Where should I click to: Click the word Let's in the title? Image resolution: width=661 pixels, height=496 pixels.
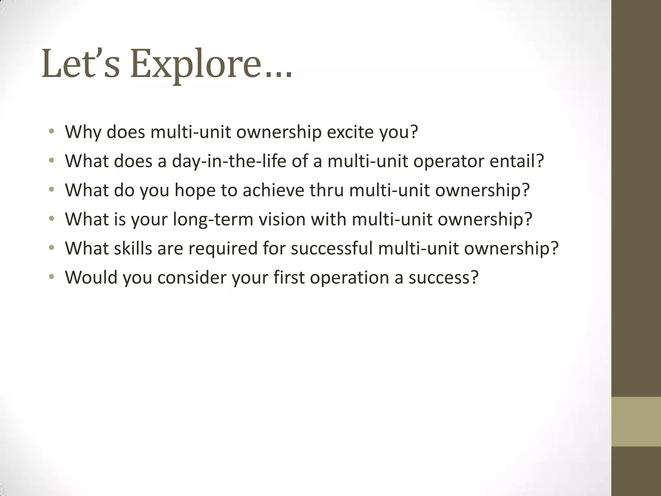coord(81,65)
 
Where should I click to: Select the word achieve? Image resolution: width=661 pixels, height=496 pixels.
coord(273,190)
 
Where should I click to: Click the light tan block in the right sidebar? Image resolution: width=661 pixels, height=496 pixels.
coord(636,421)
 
